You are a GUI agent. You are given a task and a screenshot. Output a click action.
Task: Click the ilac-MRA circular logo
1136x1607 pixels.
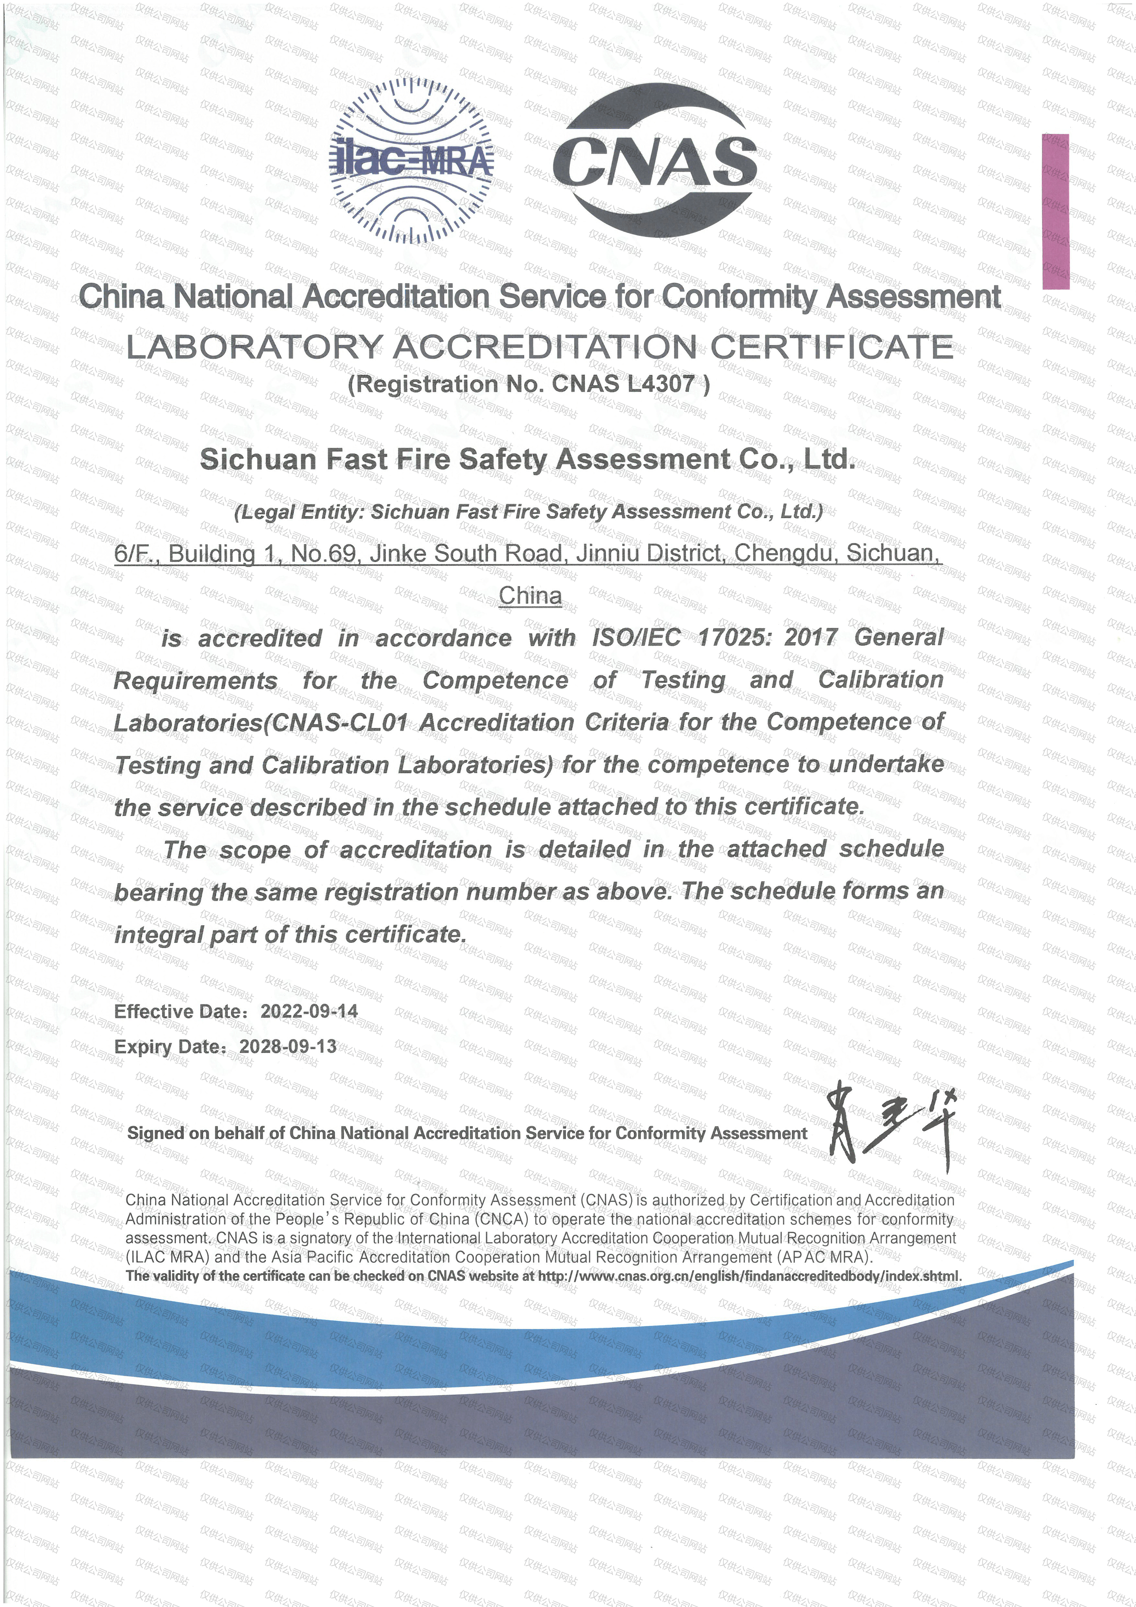[x=412, y=161]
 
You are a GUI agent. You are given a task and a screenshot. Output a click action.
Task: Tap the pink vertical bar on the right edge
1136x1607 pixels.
[x=1055, y=211]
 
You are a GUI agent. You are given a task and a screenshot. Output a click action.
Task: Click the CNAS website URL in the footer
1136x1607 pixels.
[x=749, y=1276]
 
